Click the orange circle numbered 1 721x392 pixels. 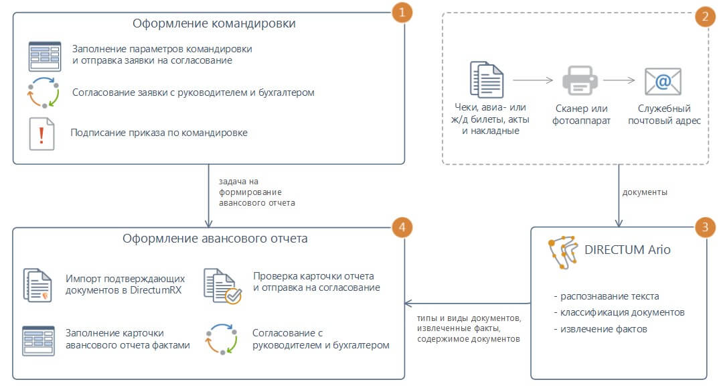click(x=402, y=12)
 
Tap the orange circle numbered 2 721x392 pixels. click(x=706, y=17)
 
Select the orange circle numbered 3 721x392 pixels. click(x=706, y=227)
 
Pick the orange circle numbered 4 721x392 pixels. click(x=402, y=227)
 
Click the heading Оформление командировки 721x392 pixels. click(x=214, y=23)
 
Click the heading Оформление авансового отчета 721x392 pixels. click(x=215, y=239)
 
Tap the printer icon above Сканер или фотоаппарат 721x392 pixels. click(x=580, y=80)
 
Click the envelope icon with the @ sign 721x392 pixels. click(x=663, y=82)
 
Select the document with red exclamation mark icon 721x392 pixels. click(x=42, y=133)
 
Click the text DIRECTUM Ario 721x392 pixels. click(x=627, y=250)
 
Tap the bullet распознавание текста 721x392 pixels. click(x=607, y=296)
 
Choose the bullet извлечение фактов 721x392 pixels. click(x=600, y=329)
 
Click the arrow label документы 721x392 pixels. click(x=645, y=192)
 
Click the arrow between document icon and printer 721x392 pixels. click(x=532, y=80)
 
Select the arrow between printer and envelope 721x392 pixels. click(x=619, y=80)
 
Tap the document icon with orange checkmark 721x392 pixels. click(x=222, y=286)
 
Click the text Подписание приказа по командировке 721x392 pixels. click(x=159, y=133)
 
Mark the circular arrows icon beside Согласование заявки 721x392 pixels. click(x=44, y=92)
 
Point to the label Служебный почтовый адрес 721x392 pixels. click(x=664, y=115)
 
